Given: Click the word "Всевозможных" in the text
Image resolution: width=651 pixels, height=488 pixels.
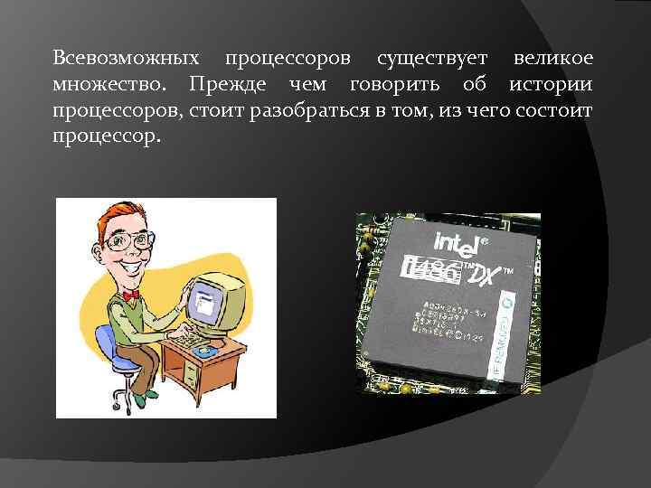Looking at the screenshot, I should tap(126, 59).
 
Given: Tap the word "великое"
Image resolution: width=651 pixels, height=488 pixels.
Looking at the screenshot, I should tap(552, 59).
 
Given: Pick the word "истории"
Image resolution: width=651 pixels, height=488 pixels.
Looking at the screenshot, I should tap(551, 85).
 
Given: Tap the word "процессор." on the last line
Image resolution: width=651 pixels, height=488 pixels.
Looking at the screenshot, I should tap(107, 137).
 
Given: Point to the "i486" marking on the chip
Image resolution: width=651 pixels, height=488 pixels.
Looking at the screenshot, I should tap(431, 267).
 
